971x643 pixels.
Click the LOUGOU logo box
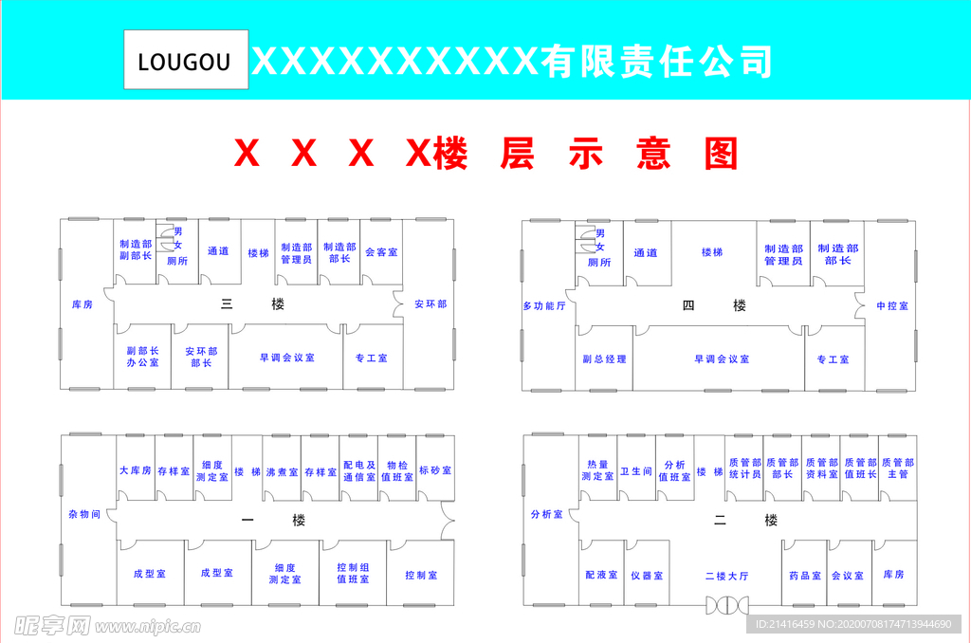pos(186,61)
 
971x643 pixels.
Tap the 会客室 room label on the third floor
pos(381,252)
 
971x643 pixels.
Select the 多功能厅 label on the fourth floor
pos(544,306)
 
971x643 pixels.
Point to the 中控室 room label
pos(891,306)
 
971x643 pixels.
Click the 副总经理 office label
pos(604,359)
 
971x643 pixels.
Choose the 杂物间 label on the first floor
pos(84,513)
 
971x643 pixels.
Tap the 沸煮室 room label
pos(282,470)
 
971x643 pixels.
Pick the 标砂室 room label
pos(434,470)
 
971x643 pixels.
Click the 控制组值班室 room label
pos(353,574)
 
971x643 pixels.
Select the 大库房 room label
pos(135,470)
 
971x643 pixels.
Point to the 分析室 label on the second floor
pos(547,513)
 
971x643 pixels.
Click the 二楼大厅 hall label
pos(726,576)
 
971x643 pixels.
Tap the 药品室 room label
pos(804,576)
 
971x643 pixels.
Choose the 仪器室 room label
pos(646,576)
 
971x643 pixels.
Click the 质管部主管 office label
pos(897,468)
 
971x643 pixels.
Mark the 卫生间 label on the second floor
pos(635,470)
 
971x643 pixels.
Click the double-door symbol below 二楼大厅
pos(726,603)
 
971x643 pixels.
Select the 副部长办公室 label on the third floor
pos(142,357)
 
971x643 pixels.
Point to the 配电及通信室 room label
pos(358,471)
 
